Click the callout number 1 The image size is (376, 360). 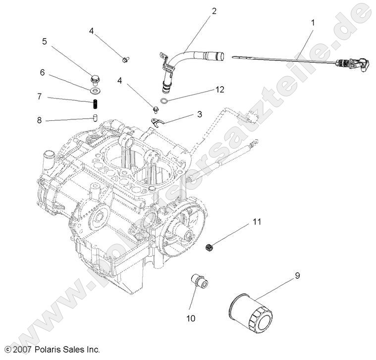313,22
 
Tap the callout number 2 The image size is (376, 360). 214,10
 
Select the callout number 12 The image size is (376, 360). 220,90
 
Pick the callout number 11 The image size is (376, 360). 256,222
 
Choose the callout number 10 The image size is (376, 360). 191,318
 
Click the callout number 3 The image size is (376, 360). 200,114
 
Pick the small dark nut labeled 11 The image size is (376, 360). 209,247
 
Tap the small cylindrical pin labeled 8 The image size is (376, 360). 94,118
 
